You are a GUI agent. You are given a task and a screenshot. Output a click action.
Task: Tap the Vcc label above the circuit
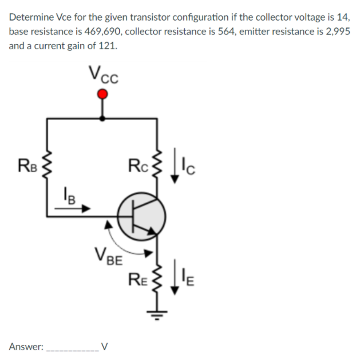tap(102, 74)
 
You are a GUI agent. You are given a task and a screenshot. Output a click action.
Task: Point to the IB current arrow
tap(73, 209)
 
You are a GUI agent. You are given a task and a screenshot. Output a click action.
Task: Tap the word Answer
tap(26, 346)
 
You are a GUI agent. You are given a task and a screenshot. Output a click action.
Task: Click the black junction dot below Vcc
tap(102, 118)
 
